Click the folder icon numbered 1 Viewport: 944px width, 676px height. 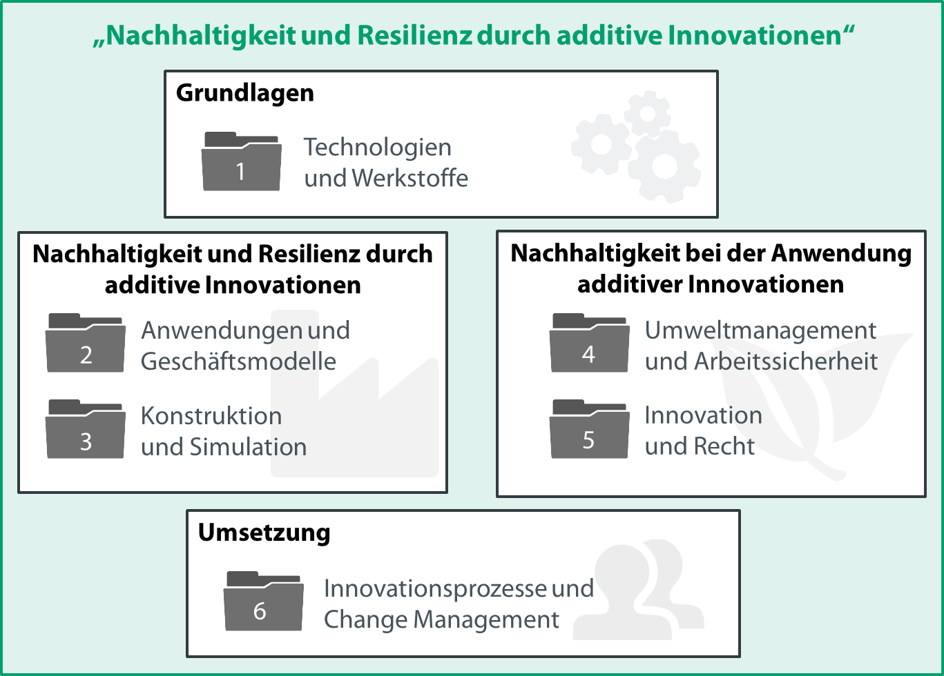tap(242, 161)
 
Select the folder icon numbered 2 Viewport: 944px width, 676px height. tap(85, 343)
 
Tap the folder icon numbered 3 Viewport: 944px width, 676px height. tap(85, 429)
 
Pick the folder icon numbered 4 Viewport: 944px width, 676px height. tap(589, 343)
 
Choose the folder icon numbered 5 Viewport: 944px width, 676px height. tap(589, 429)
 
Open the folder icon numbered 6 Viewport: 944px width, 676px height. tap(263, 601)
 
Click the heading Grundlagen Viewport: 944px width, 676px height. tap(245, 93)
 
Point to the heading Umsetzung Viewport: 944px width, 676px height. tap(264, 533)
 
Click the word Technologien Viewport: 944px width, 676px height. tap(378, 148)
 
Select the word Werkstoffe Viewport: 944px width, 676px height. tap(410, 178)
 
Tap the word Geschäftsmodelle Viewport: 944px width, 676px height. tap(238, 361)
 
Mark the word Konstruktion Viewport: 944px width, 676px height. tap(211, 416)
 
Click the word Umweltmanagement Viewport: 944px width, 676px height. tap(761, 331)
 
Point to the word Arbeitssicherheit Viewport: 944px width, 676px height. tap(786, 361)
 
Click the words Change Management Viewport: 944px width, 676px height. tap(441, 620)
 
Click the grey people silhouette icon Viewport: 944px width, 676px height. tap(639, 589)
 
